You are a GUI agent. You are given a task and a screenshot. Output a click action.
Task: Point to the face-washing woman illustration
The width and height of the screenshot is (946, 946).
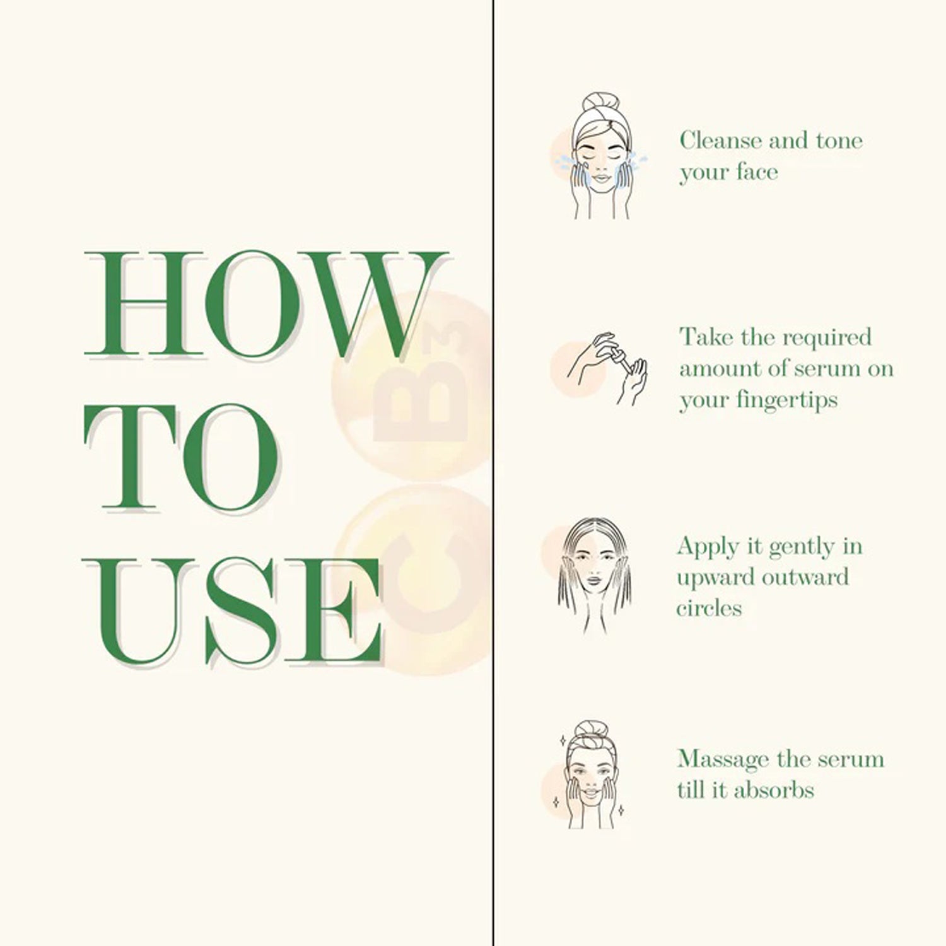593,156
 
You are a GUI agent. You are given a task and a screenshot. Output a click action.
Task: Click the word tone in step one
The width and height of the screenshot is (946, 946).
839,140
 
